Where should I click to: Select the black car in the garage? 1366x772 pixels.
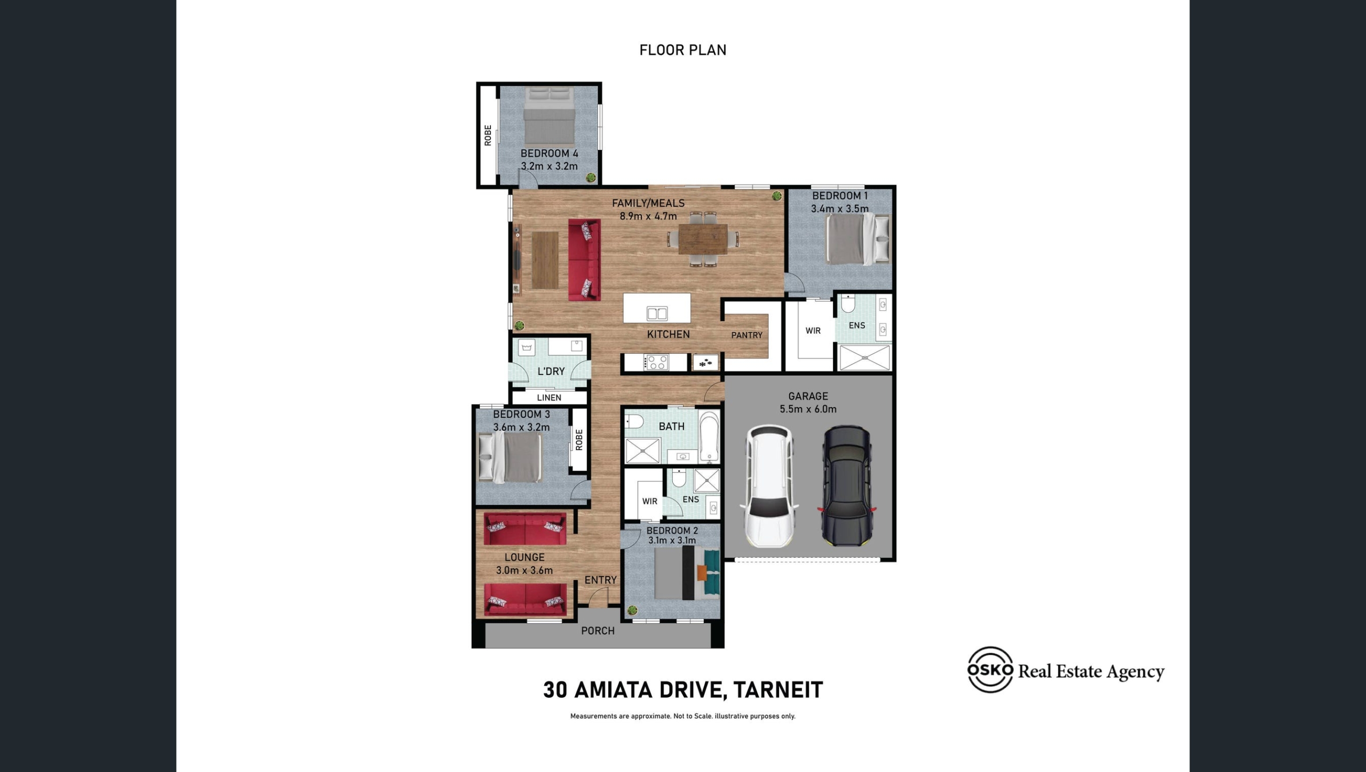pos(847,485)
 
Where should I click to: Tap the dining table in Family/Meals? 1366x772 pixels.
pos(703,239)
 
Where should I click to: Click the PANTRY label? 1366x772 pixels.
pos(746,335)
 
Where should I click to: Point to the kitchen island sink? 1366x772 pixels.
pos(657,313)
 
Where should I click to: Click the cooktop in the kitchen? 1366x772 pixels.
pos(656,363)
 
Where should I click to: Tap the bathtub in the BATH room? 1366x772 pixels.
pos(709,436)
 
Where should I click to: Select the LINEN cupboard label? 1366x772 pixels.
pos(549,398)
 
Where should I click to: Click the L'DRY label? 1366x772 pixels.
pos(551,371)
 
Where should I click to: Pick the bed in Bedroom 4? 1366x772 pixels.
pos(549,117)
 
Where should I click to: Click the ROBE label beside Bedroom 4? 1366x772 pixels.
pos(488,135)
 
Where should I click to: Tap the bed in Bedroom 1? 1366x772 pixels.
pos(857,239)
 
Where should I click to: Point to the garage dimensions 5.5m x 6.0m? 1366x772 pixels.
pos(808,409)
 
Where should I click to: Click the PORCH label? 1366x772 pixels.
pos(598,631)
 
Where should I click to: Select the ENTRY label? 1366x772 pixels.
pos(600,580)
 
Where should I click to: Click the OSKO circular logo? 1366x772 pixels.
pos(990,670)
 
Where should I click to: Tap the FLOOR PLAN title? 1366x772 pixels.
pos(682,50)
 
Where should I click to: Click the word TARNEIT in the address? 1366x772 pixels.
pos(778,690)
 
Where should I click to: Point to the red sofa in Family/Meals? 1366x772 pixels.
pos(584,260)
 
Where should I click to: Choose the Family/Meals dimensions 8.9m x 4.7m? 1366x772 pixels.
pos(648,216)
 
